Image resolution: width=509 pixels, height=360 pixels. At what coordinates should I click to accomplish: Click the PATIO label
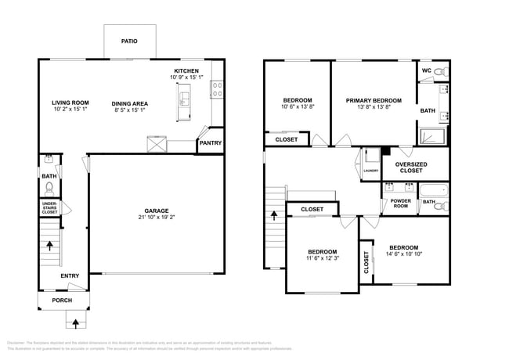coord(129,41)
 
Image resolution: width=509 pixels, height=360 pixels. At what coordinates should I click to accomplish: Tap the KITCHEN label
coord(186,70)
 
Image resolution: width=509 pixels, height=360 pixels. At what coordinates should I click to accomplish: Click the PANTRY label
coord(210,143)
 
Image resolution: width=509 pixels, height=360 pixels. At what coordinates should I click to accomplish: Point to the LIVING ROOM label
coord(70,103)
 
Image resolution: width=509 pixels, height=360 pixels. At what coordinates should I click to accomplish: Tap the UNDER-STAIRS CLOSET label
coord(49,207)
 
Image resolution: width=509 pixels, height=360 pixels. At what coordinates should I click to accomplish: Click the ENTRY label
coord(70,275)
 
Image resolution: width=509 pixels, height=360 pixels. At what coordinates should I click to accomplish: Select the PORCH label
coord(62,301)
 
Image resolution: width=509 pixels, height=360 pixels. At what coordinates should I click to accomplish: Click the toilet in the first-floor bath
coord(49,188)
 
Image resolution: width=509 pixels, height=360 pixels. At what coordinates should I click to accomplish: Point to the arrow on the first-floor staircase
coord(49,246)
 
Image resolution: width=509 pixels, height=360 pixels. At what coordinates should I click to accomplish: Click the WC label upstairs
coord(427,70)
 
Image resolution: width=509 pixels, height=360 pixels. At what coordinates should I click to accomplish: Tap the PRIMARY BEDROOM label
coord(374,101)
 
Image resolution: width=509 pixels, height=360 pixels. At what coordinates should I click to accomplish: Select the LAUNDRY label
coord(370,171)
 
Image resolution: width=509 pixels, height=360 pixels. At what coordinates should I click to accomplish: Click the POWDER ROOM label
coord(400,203)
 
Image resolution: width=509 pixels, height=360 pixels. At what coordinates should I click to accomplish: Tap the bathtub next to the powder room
coord(433,189)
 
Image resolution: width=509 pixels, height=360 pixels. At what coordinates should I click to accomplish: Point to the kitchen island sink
coord(186,99)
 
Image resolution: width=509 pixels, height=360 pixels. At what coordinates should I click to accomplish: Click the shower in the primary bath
coord(433,136)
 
